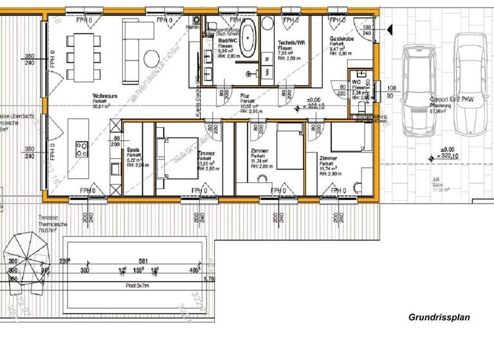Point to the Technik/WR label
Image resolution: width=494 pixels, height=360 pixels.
pyautogui.click(x=289, y=42)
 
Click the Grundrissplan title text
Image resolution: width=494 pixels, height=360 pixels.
pyautogui.click(x=439, y=318)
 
